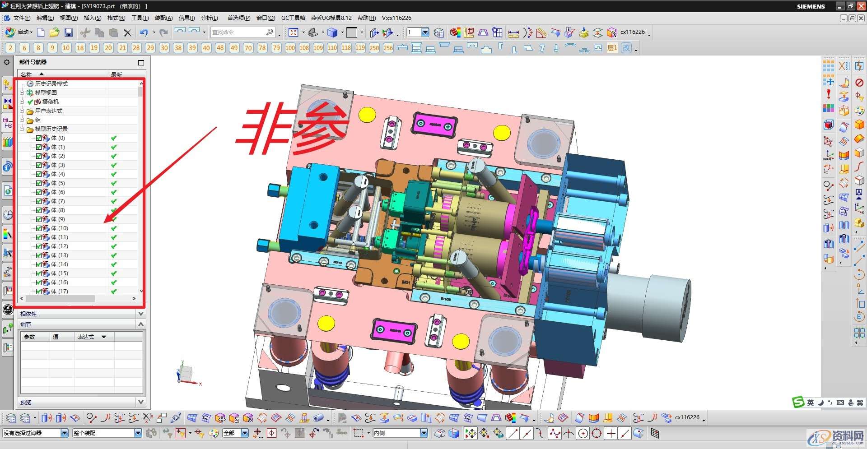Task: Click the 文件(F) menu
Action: click(x=21, y=18)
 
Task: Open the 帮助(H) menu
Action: click(x=366, y=18)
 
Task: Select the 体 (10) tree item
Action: click(x=59, y=228)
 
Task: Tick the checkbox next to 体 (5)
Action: click(x=39, y=183)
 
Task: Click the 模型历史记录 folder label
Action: click(x=51, y=129)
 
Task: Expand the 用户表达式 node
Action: click(x=22, y=111)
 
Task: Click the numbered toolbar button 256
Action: click(x=388, y=48)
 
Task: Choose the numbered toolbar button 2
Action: click(x=10, y=48)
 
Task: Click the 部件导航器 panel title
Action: click(x=33, y=62)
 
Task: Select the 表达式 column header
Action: click(x=86, y=337)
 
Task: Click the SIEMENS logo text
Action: click(x=811, y=6)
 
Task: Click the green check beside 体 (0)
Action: click(x=114, y=138)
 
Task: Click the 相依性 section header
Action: click(x=28, y=314)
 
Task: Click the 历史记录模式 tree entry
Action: click(x=51, y=84)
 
